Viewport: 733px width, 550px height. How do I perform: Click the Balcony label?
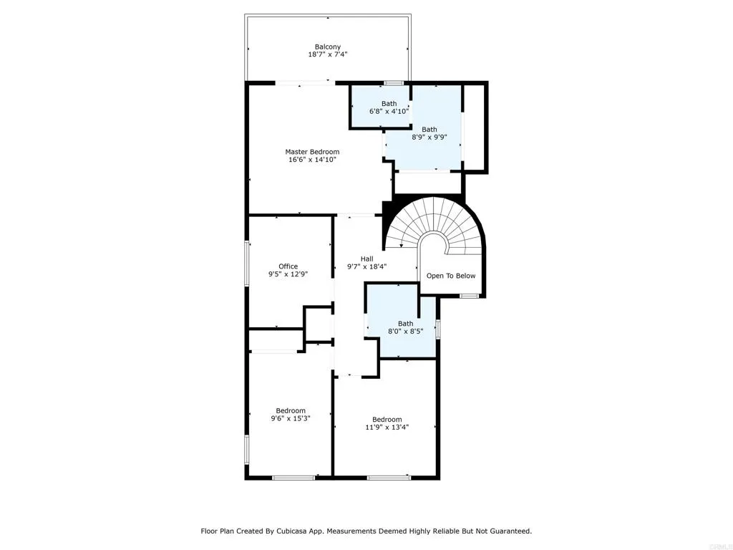tap(328, 47)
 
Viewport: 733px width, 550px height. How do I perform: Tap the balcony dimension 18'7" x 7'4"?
tap(328, 54)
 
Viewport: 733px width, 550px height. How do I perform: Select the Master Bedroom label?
tap(312, 152)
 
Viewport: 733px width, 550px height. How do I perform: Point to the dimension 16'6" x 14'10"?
tap(312, 160)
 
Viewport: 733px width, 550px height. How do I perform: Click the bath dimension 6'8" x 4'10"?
tap(389, 112)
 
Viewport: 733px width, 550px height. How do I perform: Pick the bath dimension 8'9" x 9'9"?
tap(429, 137)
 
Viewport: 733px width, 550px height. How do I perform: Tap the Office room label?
tap(288, 266)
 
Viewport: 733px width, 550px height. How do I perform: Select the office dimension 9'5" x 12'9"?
tap(288, 274)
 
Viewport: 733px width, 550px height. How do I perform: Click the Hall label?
tap(366, 259)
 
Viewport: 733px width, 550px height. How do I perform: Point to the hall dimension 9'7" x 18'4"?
tap(366, 267)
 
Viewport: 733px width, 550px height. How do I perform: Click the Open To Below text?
tap(451, 276)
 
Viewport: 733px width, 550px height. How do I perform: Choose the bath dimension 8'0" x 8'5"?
tap(406, 332)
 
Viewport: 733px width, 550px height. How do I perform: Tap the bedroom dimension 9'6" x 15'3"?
tap(291, 418)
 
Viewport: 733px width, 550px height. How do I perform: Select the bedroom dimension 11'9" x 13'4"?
tap(387, 427)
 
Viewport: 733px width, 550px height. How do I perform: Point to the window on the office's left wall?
tap(247, 264)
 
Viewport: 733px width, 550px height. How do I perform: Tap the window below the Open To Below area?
tap(469, 296)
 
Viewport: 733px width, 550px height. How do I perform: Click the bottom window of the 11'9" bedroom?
tap(389, 478)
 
